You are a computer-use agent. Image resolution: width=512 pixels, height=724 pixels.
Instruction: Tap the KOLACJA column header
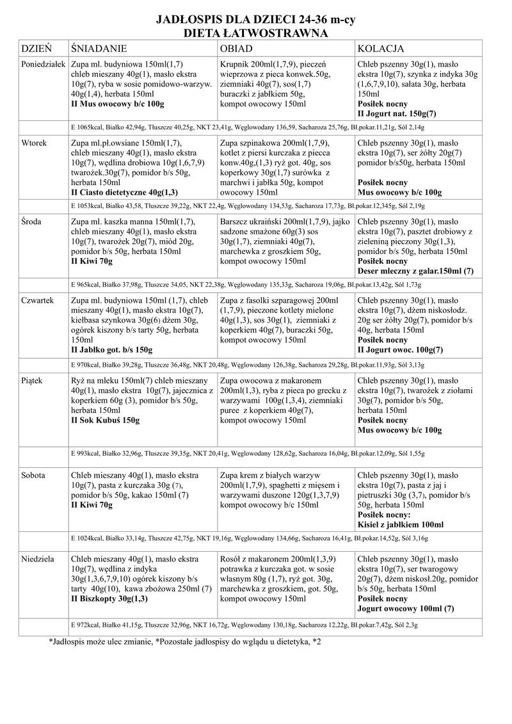(x=380, y=49)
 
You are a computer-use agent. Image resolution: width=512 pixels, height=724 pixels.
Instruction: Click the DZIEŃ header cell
(x=36, y=49)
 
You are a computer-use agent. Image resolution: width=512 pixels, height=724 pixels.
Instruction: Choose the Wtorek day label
(x=34, y=144)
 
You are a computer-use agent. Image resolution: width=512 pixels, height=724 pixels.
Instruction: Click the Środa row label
(x=32, y=221)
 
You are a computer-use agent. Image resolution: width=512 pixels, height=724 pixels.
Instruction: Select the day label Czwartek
(x=38, y=300)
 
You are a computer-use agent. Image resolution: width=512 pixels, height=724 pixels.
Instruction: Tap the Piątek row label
(x=32, y=380)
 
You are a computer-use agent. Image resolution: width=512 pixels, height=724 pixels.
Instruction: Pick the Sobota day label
(x=33, y=476)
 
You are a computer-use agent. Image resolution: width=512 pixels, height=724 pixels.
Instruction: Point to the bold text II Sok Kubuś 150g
(x=105, y=421)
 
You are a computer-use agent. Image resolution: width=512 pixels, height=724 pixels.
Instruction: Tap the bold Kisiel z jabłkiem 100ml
(x=400, y=525)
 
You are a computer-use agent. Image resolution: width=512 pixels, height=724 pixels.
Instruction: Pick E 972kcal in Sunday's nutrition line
(x=86, y=624)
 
